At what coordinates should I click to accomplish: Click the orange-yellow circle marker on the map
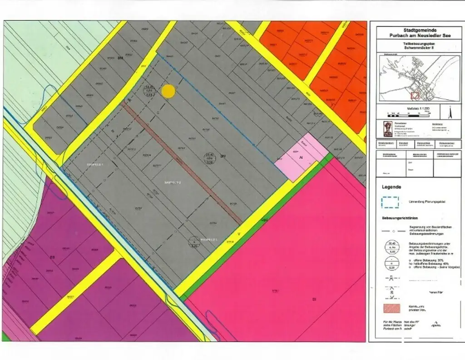click(168, 91)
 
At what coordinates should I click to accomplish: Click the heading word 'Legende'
click(391, 187)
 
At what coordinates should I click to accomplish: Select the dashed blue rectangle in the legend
click(390, 202)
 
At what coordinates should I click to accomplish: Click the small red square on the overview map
click(414, 95)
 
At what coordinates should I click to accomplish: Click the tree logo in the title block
click(387, 129)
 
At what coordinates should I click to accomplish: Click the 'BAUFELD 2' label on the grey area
click(173, 182)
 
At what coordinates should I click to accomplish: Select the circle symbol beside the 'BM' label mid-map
click(209, 158)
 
